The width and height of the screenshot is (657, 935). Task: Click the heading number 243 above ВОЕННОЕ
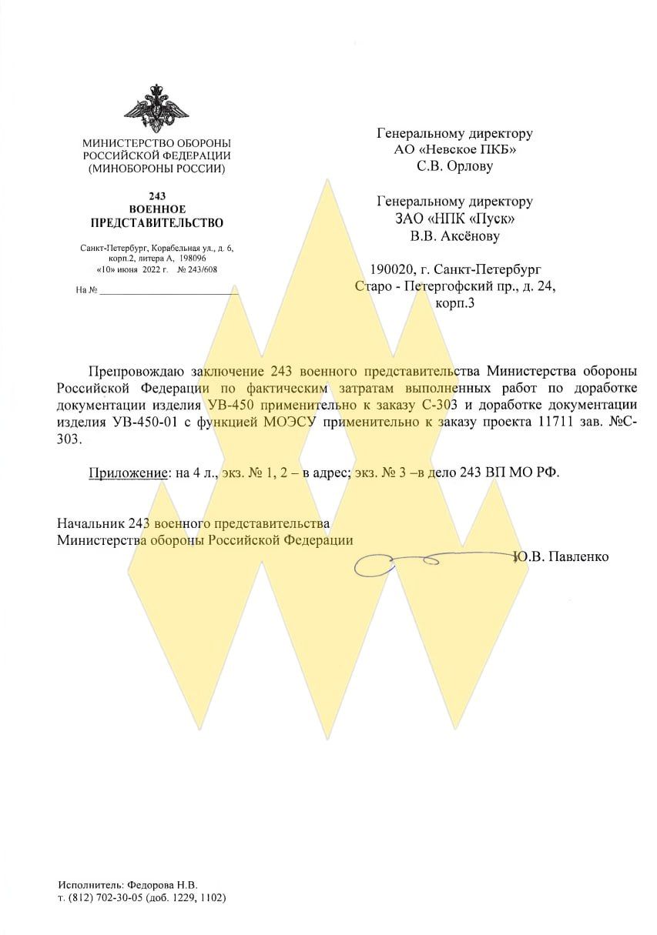point(156,196)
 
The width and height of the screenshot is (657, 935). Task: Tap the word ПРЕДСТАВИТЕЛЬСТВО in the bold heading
point(156,223)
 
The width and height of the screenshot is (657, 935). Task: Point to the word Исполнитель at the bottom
point(87,885)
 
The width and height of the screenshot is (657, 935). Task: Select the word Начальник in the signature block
point(90,523)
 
